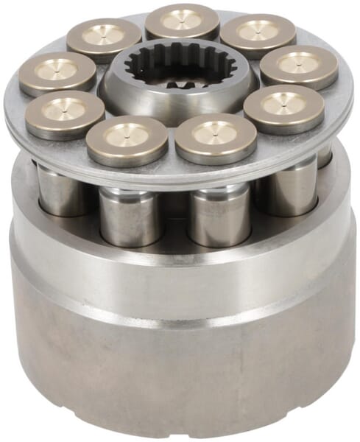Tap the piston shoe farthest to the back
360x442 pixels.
(x=181, y=21)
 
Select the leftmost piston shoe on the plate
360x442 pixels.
(x=57, y=73)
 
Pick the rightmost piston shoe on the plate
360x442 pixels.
(x=299, y=66)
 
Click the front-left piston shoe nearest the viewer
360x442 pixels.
(x=127, y=138)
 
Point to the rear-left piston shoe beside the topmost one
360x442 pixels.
(x=104, y=38)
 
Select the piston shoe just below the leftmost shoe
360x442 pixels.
(x=65, y=113)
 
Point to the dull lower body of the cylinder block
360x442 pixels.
(x=184, y=368)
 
